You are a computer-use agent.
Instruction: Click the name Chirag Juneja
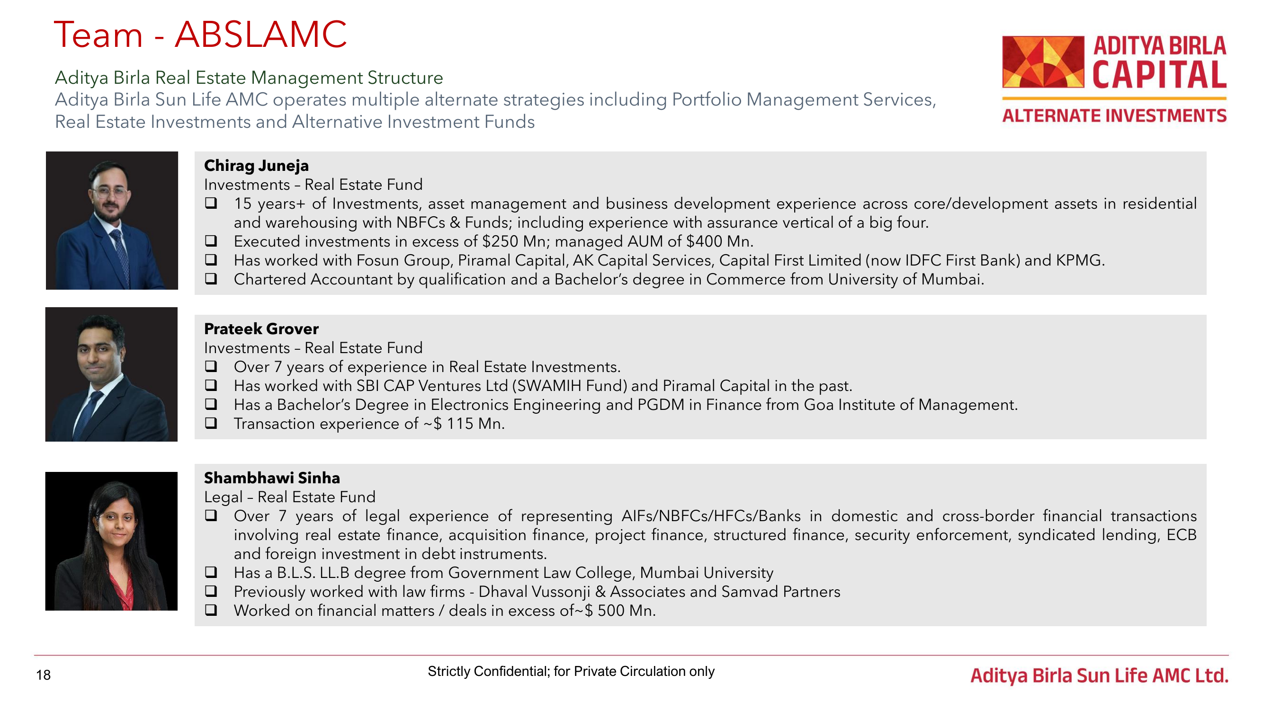256,166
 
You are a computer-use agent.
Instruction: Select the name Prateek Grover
261,329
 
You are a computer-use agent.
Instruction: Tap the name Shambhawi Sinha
272,478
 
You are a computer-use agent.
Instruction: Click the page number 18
43,675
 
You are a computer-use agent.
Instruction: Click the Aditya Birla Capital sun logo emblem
1043,62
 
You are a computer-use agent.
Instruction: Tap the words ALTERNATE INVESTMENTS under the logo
1114,115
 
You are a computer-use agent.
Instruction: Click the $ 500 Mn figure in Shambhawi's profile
619,611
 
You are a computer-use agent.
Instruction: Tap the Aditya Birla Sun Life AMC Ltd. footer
1099,676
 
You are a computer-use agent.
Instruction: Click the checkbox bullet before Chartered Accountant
211,278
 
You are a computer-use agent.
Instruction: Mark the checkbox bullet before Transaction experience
211,423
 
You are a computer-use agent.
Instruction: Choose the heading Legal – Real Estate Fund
290,497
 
